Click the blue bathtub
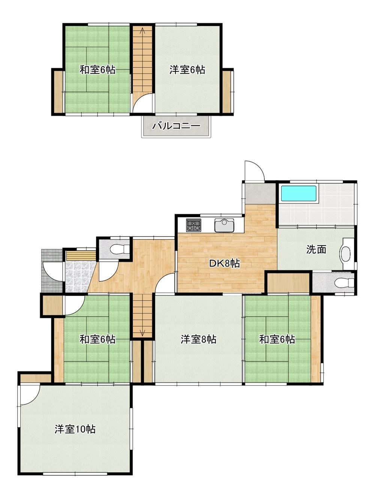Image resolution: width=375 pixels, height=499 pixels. pos(299,194)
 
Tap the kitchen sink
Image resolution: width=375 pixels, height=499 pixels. pos(224,225)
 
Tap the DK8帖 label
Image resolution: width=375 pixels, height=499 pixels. pos(224,264)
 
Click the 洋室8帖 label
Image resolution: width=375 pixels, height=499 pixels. pos(198,339)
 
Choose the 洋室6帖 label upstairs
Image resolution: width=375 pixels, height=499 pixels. pos(187,70)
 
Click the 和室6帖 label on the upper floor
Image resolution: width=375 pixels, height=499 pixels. pos(97,70)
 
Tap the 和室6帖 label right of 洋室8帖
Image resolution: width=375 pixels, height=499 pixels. pos(277,339)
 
